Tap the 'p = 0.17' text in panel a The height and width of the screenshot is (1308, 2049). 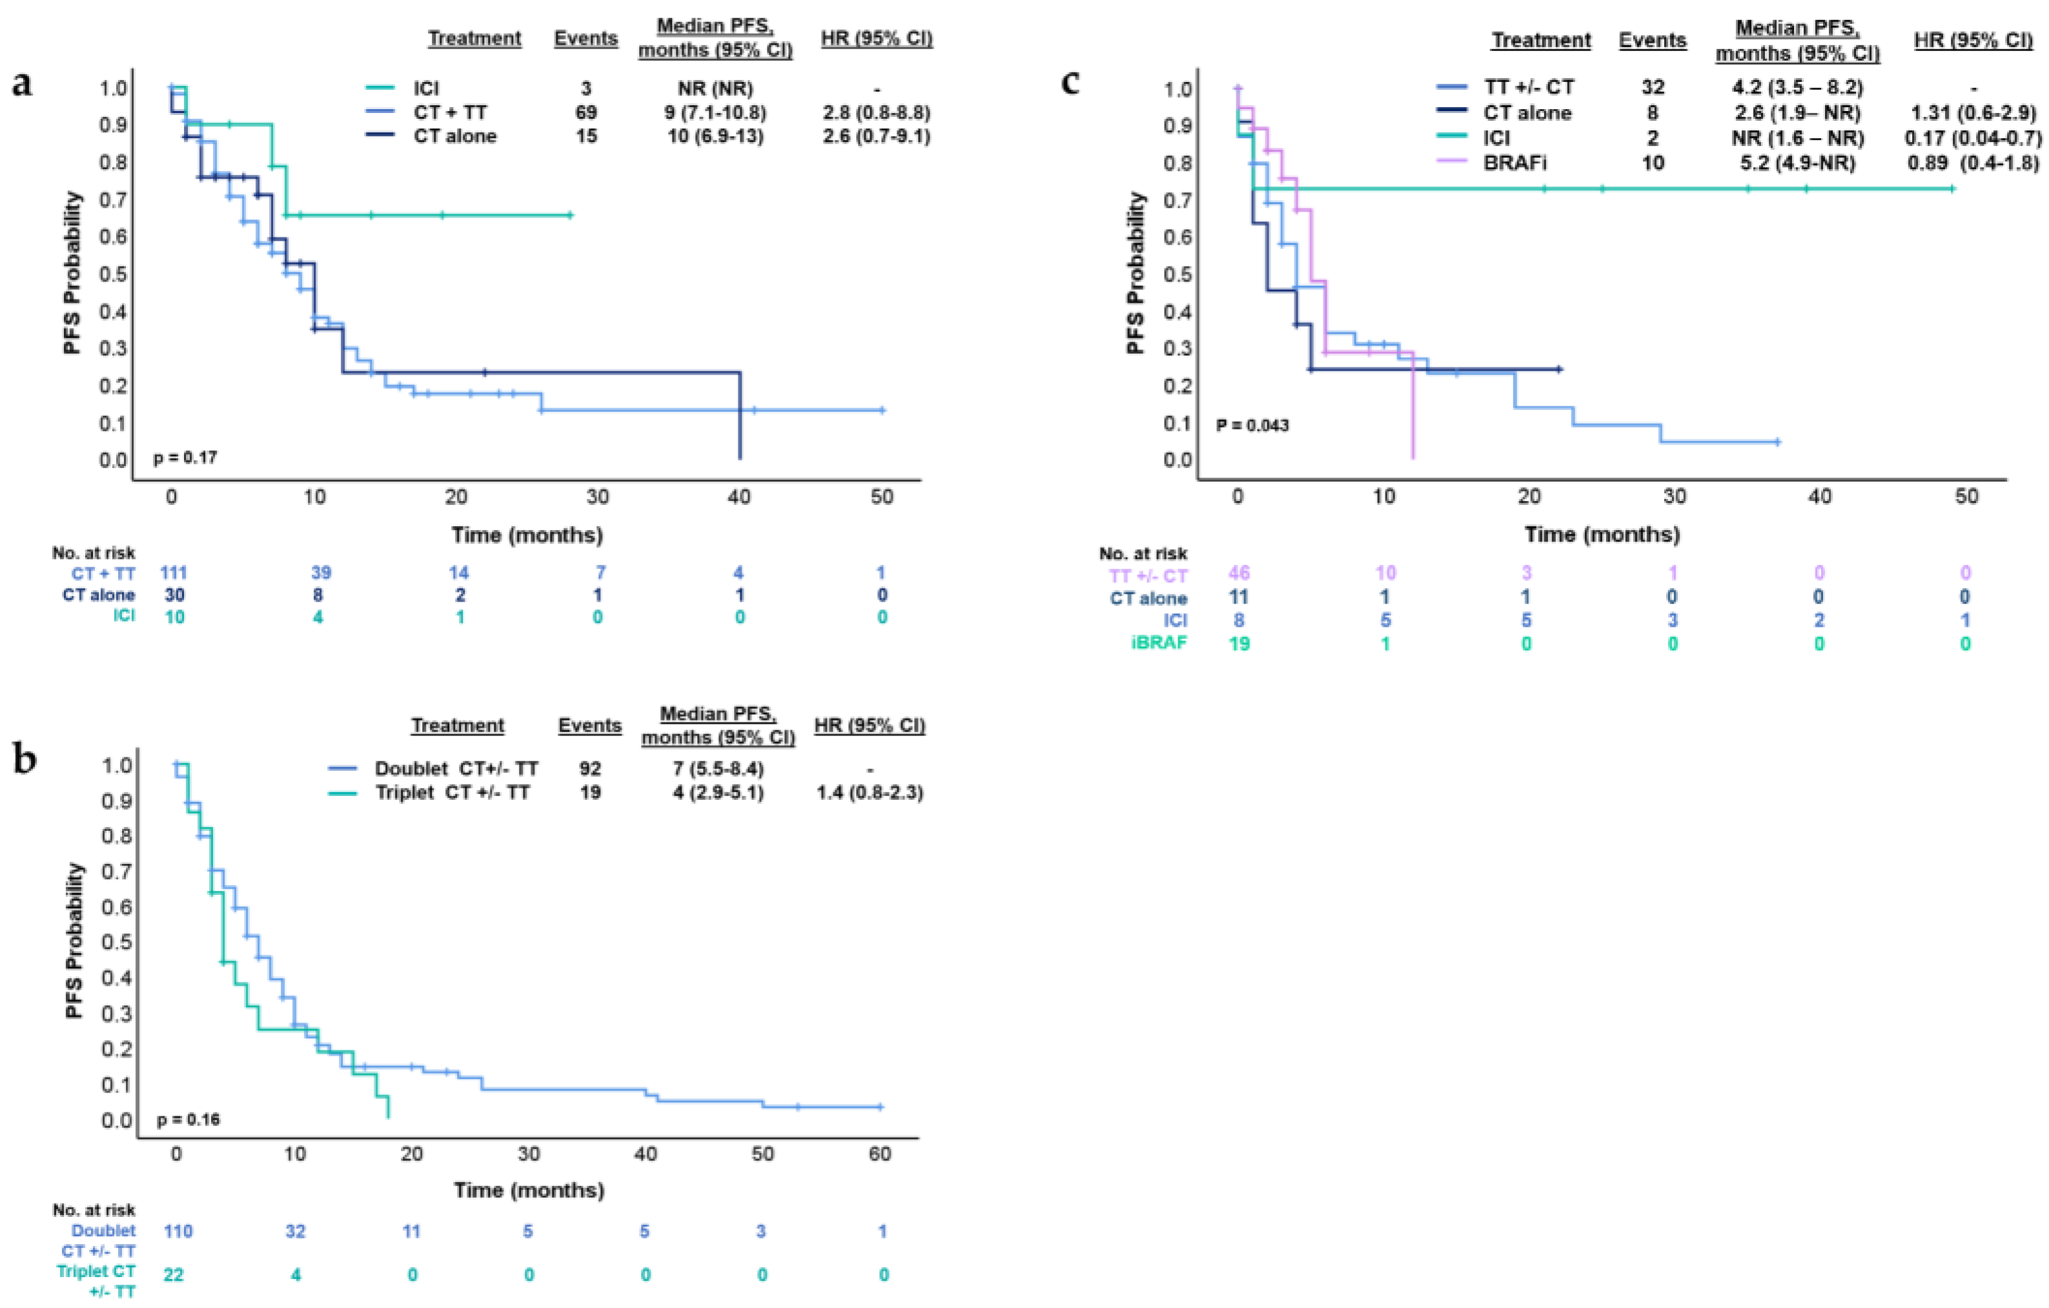[185, 458]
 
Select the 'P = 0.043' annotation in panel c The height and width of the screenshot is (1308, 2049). [1252, 425]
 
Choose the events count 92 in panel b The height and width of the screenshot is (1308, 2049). [589, 768]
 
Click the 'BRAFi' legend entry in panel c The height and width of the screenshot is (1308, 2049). [1514, 163]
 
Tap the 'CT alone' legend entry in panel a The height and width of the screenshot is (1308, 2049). [454, 136]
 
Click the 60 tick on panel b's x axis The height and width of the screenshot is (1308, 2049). [880, 1154]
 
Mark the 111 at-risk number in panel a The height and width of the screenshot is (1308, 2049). [174, 573]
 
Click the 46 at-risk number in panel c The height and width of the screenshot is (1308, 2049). [1238, 573]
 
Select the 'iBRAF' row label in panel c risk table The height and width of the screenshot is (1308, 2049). [1158, 642]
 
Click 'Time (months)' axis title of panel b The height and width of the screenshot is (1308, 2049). [529, 1190]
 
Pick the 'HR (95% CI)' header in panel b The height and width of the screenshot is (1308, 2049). [870, 725]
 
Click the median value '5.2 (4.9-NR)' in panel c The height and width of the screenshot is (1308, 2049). [1797, 163]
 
